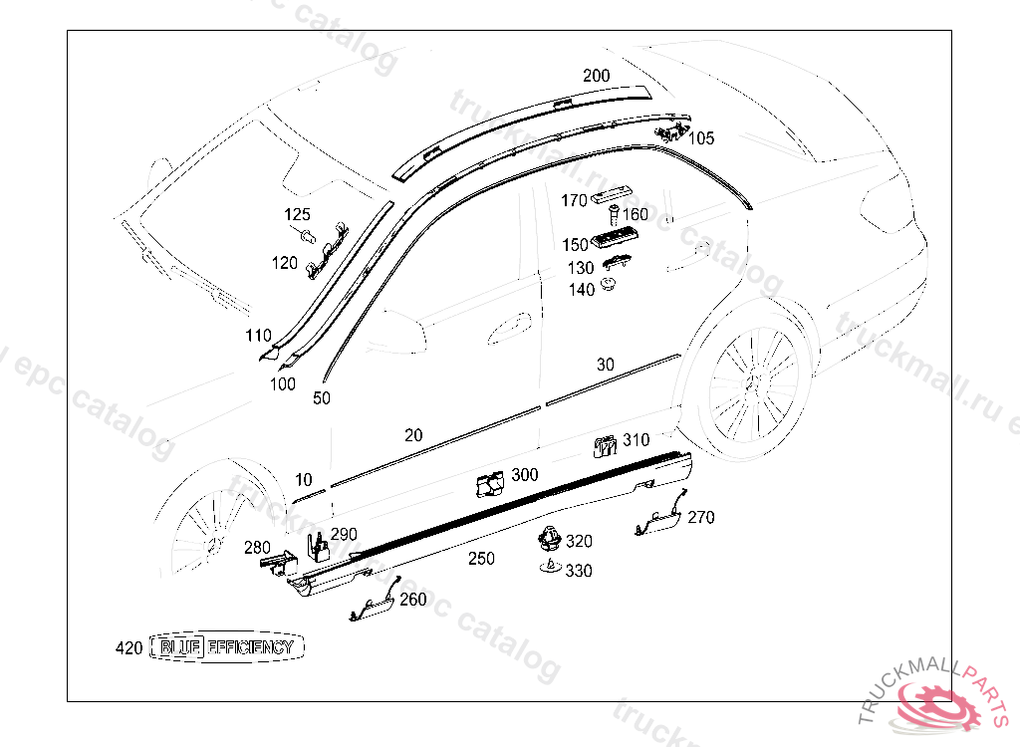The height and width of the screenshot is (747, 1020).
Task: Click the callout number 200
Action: click(x=597, y=76)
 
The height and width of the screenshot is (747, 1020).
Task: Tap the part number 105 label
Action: click(x=701, y=138)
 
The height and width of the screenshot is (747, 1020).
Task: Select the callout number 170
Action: click(x=574, y=201)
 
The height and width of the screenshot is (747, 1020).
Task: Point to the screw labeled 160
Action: click(x=614, y=213)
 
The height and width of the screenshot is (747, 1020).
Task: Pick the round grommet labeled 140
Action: click(x=609, y=288)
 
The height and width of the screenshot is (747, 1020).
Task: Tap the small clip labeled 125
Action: click(x=309, y=235)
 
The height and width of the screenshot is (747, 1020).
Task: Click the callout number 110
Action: click(x=258, y=335)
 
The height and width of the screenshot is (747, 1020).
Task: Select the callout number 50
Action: click(x=322, y=398)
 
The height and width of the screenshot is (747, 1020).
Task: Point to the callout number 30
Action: click(x=606, y=365)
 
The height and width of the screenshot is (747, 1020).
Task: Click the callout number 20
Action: click(x=413, y=435)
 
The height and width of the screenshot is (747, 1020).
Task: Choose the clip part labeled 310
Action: click(x=604, y=445)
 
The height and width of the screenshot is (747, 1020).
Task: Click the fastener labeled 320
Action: click(x=547, y=540)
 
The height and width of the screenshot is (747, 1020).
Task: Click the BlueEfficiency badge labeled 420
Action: click(x=227, y=647)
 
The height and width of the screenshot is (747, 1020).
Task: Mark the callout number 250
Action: click(x=481, y=559)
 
